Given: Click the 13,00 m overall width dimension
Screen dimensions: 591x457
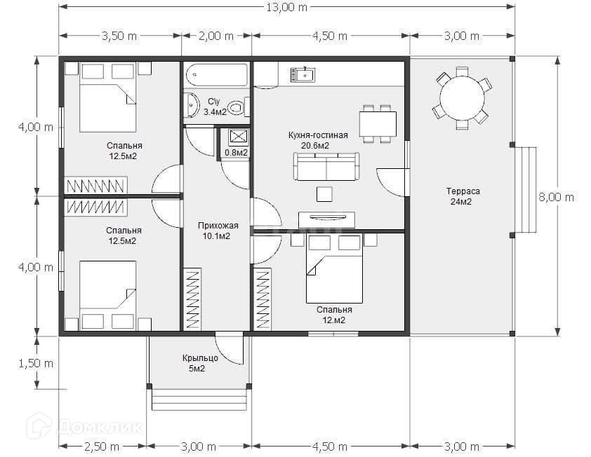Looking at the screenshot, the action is point(287,7).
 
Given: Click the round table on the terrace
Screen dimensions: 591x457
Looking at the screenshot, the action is point(462,98).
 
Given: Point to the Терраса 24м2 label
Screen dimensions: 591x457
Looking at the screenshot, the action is point(462,196).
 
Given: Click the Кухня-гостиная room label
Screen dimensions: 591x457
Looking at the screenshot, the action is point(318,135).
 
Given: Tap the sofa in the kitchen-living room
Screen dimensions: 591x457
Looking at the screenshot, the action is point(326,166).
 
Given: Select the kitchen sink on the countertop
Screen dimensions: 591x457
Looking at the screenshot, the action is point(303,75).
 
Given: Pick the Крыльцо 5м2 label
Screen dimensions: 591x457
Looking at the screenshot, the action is point(200,363).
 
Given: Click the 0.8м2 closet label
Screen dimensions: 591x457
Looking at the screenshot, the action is point(237,153).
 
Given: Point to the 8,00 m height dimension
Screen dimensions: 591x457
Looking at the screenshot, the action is point(557,197).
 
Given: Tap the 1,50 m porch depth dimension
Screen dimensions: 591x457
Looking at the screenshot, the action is point(36,363).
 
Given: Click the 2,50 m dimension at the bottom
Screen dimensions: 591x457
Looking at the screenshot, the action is point(102,446).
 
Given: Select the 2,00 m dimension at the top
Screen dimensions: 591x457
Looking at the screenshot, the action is point(216,36).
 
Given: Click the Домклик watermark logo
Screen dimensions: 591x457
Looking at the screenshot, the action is point(85,426).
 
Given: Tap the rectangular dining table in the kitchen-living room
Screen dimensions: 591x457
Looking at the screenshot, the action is point(378,124).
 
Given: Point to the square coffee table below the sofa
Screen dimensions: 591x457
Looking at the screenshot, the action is point(324,194).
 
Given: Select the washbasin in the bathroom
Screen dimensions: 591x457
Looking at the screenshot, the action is point(192,105).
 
